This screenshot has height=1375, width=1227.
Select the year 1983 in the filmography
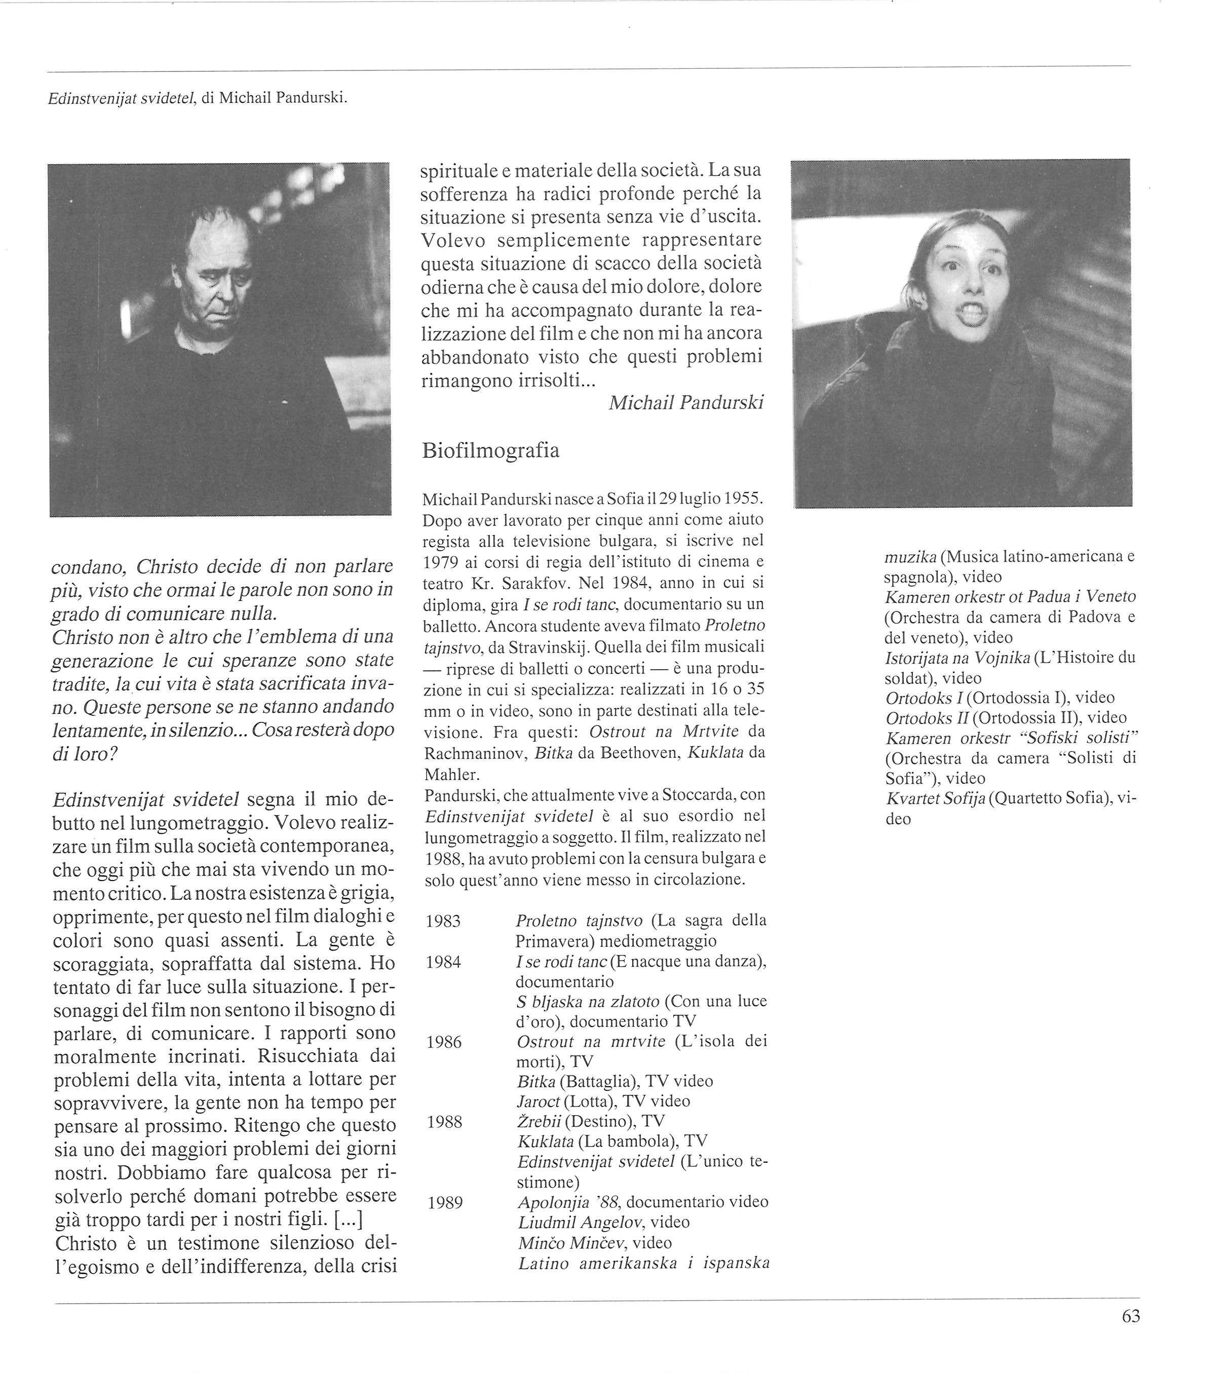click(x=443, y=921)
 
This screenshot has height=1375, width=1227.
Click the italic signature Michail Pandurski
click(x=685, y=403)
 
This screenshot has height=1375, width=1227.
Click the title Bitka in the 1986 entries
click(x=535, y=1081)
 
